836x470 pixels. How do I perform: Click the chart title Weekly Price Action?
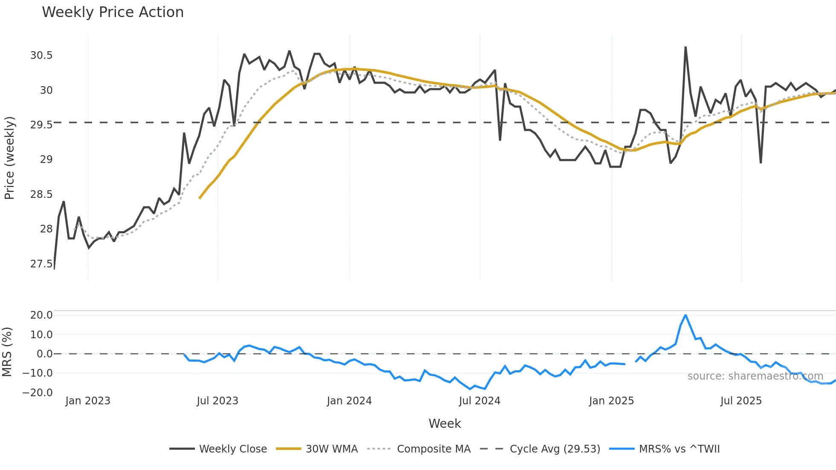click(113, 12)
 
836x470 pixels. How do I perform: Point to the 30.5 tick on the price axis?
click(41, 55)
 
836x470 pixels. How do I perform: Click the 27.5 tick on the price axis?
click(41, 264)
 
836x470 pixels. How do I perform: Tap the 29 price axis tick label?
click(46, 160)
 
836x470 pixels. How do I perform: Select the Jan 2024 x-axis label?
click(349, 401)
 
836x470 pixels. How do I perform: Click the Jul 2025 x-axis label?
click(741, 401)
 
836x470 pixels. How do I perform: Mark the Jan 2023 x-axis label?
click(88, 401)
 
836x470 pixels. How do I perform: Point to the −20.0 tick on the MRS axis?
click(38, 392)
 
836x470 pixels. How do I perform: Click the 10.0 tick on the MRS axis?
click(41, 334)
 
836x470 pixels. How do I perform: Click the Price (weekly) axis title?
click(9, 158)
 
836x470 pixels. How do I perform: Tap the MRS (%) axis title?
click(7, 352)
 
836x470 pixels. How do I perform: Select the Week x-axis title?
click(444, 424)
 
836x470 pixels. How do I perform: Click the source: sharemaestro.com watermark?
click(755, 376)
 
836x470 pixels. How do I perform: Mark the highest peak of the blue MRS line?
click(685, 315)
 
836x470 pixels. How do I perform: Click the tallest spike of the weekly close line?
click(685, 47)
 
